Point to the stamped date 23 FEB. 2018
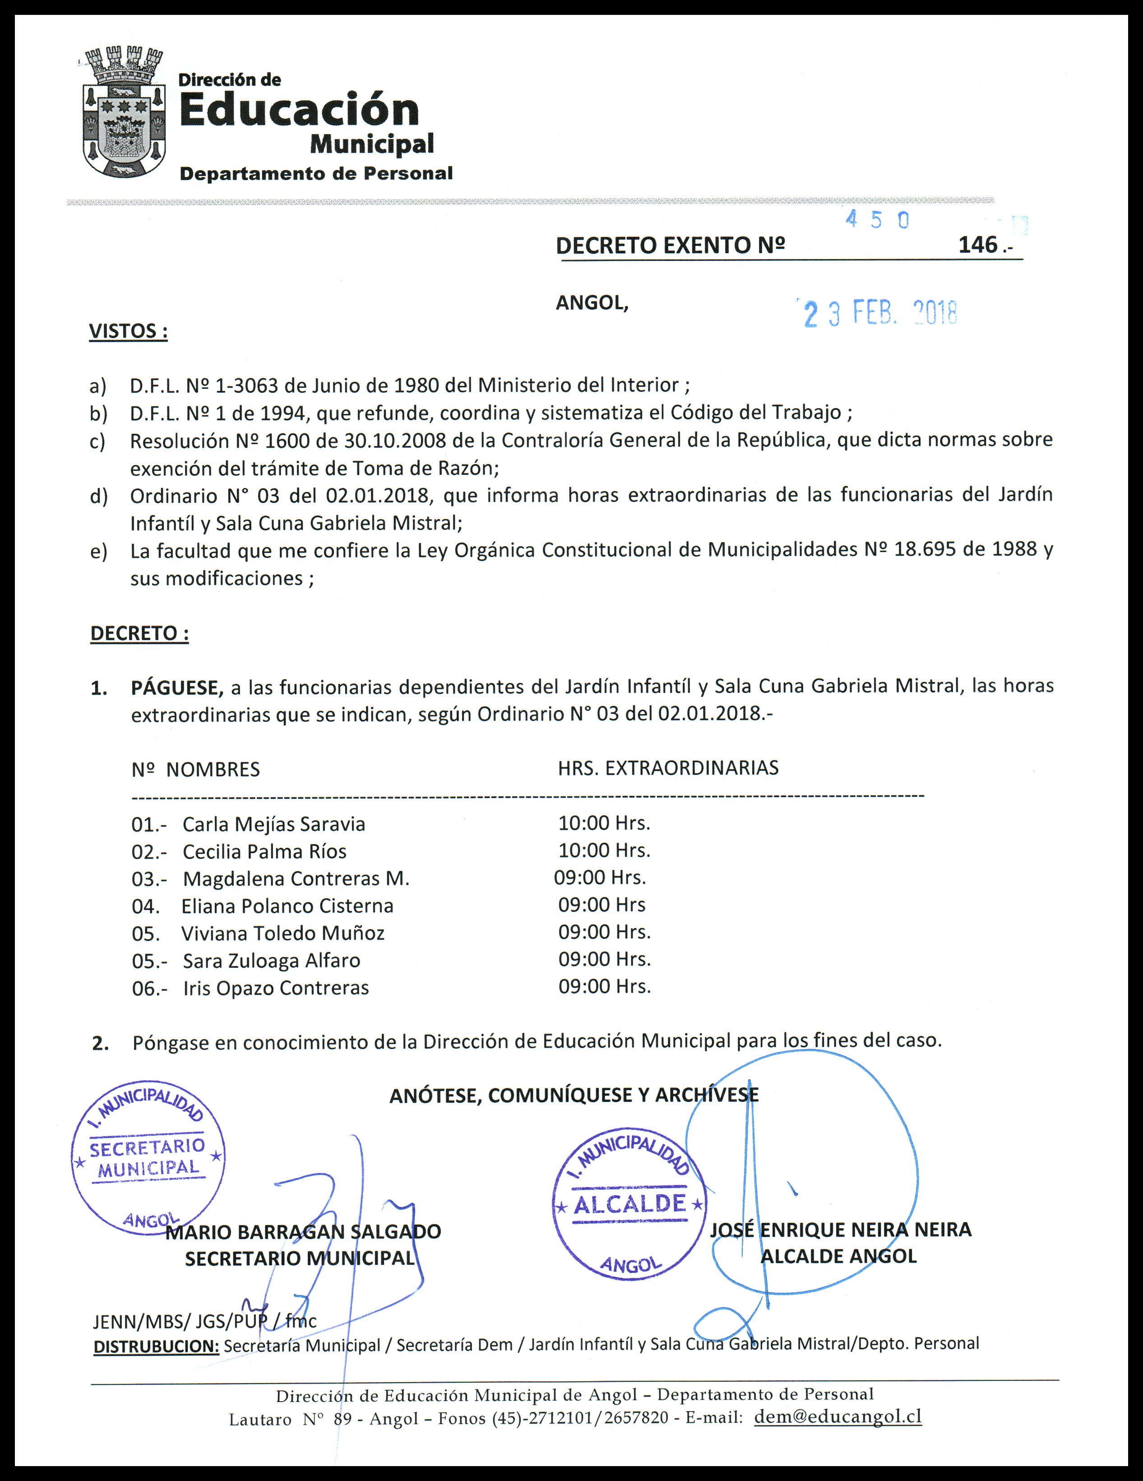[880, 313]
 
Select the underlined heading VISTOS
[128, 332]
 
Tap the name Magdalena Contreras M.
[296, 879]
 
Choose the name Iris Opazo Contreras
[276, 988]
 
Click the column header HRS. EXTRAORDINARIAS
[668, 768]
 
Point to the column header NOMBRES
[213, 770]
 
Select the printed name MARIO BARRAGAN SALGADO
[304, 1231]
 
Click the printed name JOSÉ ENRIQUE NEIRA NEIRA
[841, 1230]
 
